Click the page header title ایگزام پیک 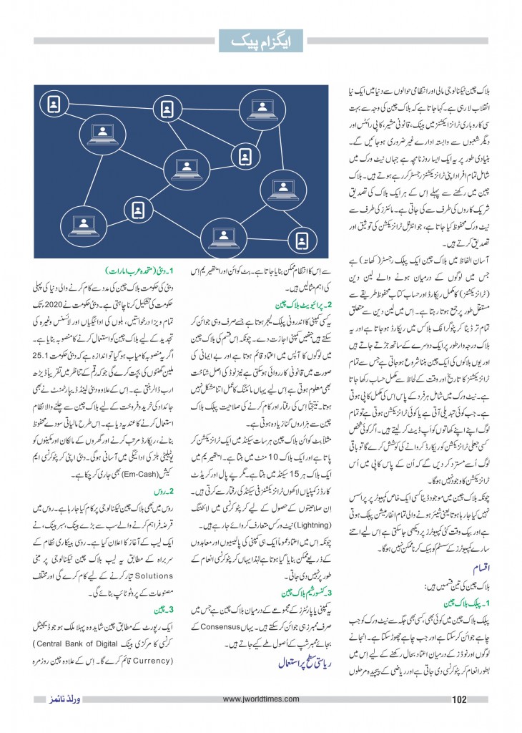point(260,42)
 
